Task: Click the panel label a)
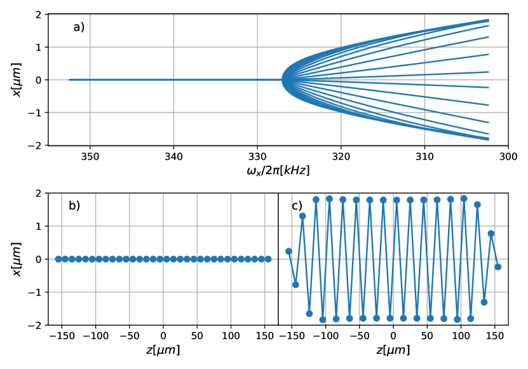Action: (79, 27)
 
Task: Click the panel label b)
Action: (74, 205)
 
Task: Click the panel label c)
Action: (297, 205)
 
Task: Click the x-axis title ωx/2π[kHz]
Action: (278, 171)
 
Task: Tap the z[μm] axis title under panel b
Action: (163, 350)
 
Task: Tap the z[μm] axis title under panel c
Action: (393, 350)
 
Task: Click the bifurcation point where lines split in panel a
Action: (283, 79)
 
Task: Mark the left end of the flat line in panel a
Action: (69, 79)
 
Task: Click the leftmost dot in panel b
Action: (58, 259)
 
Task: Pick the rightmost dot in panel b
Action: (268, 259)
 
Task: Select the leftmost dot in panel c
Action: (288, 251)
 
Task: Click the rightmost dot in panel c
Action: (498, 267)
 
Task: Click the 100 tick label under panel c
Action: (461, 337)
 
